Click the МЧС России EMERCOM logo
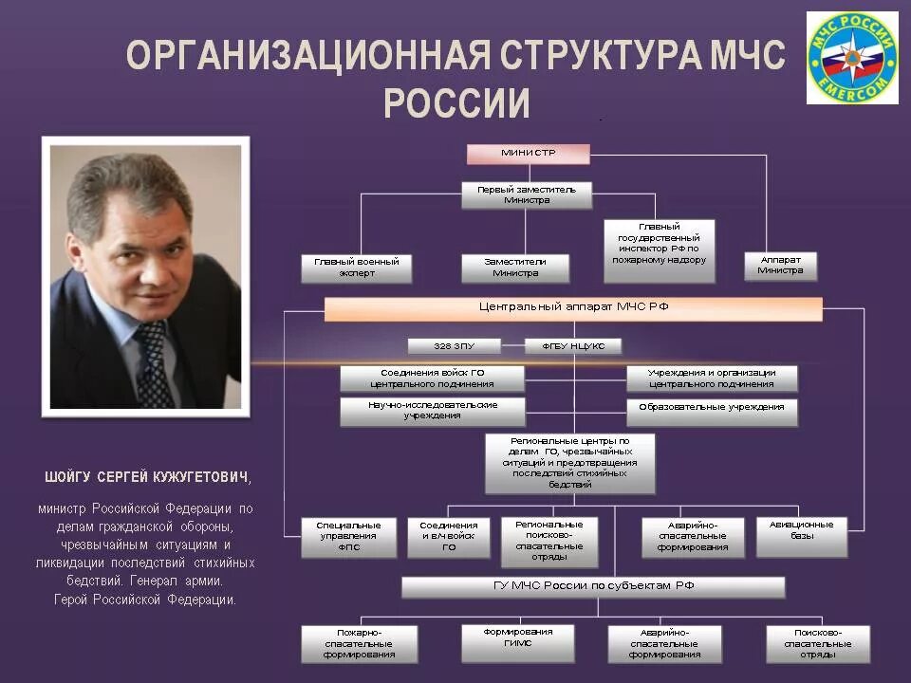851,58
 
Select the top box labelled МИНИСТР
528,154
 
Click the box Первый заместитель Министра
527,194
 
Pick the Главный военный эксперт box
357,268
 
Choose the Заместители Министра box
515,268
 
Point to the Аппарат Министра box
780,265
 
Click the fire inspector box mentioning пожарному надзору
660,243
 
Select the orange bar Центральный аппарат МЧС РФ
573,308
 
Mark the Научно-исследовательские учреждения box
432,411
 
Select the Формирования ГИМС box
517,642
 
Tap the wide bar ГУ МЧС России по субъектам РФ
593,586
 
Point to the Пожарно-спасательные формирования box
359,643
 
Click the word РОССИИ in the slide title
456,102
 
